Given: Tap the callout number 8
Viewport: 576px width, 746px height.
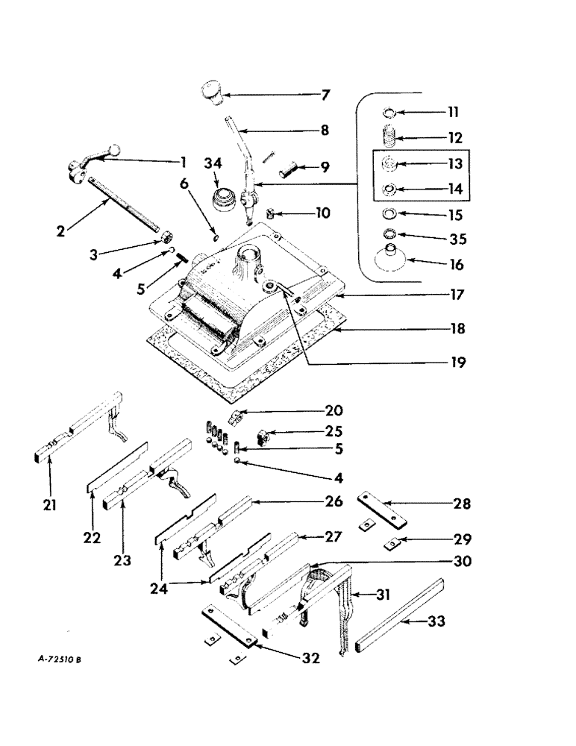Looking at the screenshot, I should coord(325,130).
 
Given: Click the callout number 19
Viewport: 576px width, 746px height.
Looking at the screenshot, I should coord(457,363).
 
